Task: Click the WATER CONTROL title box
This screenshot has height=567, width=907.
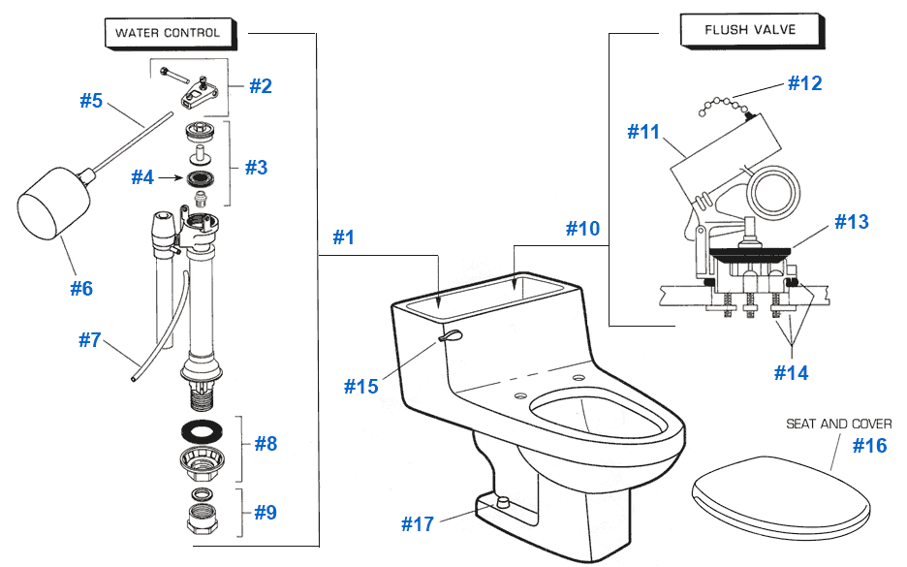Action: pos(167,32)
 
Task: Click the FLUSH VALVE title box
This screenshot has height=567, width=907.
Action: pos(735,30)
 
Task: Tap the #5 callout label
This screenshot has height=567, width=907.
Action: pos(91,100)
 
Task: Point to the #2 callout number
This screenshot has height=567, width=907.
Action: pos(261,85)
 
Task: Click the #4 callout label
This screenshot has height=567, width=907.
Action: pos(142,177)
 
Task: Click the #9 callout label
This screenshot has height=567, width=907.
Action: pos(265,512)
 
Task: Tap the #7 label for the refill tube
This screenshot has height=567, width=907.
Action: pos(89,340)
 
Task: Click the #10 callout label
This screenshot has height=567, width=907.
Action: pos(583,229)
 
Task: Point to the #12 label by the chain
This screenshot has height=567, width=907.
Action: pos(804,83)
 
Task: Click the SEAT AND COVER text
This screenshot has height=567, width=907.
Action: pos(838,424)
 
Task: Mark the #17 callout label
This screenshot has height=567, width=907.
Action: pos(418,523)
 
